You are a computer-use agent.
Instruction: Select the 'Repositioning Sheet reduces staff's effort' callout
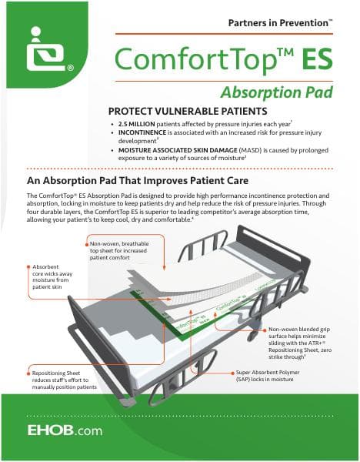59,380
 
